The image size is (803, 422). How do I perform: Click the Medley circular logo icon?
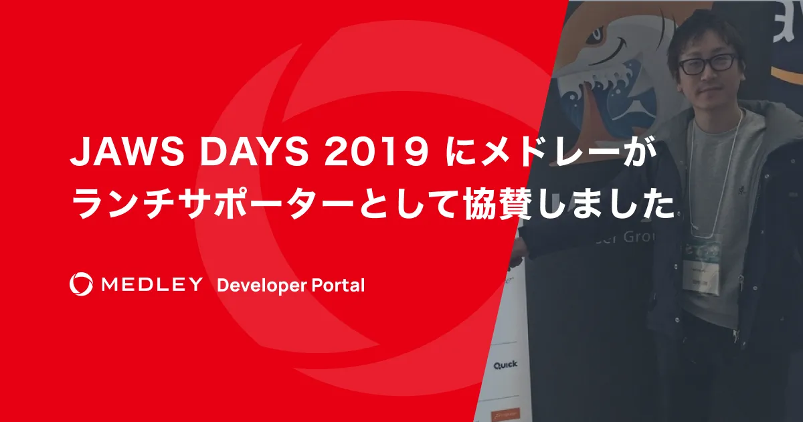click(x=82, y=284)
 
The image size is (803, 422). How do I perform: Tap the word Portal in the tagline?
click(x=338, y=286)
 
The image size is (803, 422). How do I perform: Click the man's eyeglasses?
click(x=707, y=64)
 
